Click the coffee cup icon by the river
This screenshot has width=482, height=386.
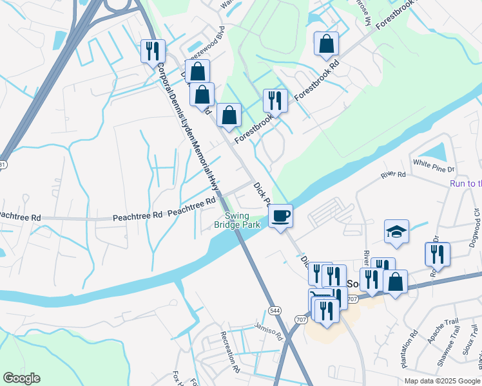[x=280, y=216]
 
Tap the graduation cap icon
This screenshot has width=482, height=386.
[x=396, y=233]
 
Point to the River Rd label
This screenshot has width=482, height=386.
[x=393, y=175]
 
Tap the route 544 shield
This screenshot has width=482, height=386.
[x=274, y=310]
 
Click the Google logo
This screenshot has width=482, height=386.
[x=21, y=378]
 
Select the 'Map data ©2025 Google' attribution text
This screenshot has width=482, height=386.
[x=441, y=381]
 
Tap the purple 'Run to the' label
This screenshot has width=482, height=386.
[x=465, y=184]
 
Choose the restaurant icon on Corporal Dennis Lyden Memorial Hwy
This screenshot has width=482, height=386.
[x=153, y=51]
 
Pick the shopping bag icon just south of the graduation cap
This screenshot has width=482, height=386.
[x=395, y=282]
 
